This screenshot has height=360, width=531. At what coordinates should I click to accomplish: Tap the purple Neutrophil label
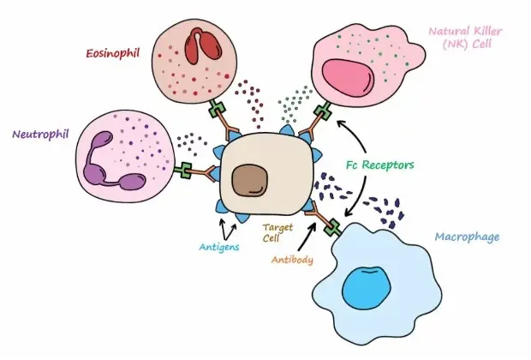pos(40,135)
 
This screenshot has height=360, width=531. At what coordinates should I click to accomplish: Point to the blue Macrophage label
pos(469,235)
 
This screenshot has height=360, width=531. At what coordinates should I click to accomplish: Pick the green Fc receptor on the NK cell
pos(325,112)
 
